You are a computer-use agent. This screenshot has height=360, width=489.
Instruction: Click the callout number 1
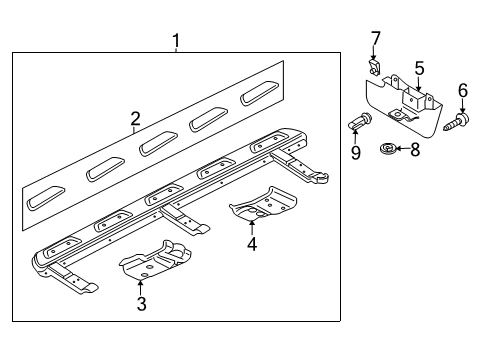tap(176, 41)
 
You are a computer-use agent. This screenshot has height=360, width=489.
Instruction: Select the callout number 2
tap(135, 119)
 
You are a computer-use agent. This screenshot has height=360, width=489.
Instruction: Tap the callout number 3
tap(141, 304)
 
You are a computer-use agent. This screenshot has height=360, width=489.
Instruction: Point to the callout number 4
tap(252, 244)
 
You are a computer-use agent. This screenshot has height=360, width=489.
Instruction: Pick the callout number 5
tap(419, 68)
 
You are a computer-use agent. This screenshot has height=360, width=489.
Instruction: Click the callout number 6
tap(463, 91)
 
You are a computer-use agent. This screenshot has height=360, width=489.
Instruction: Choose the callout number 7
tap(375, 39)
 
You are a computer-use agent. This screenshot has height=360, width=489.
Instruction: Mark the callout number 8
tap(415, 149)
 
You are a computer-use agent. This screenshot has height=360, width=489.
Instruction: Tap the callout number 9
tap(356, 153)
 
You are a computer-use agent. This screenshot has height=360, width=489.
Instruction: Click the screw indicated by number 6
tap(456, 122)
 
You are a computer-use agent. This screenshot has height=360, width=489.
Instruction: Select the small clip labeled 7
tap(374, 67)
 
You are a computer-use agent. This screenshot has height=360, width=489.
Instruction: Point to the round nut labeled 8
tap(387, 148)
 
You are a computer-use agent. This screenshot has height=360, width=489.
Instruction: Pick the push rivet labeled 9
tap(360, 121)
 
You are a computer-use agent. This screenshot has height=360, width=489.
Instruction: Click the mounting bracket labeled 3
tap(155, 260)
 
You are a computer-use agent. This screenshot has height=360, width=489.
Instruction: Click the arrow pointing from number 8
tap(402, 148)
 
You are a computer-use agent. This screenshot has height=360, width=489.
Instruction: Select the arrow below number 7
tap(373, 53)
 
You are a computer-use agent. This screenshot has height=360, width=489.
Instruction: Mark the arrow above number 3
tap(141, 288)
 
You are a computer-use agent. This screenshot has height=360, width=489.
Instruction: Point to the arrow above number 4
tap(252, 228)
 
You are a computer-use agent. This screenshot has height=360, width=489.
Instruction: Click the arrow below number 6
tap(463, 106)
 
